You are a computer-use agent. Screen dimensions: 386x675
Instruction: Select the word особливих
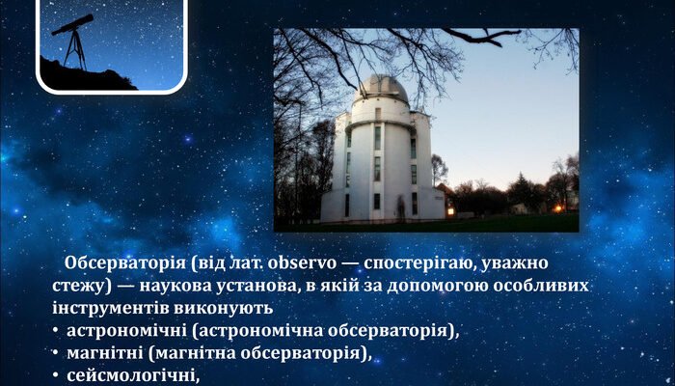tap(538, 287)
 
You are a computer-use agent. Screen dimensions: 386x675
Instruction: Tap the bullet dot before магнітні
tap(56, 353)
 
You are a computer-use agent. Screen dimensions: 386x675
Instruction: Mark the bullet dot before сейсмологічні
tap(56, 375)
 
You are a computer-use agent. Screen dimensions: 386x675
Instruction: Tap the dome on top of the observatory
tap(381, 90)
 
